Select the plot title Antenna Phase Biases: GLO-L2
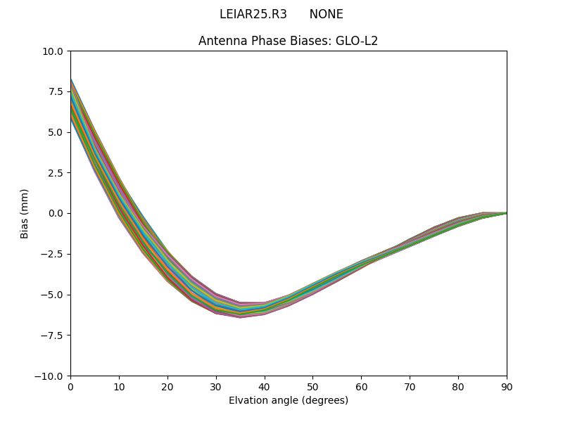[288, 41]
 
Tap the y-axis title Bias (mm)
[25, 213]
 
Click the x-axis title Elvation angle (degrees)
[288, 401]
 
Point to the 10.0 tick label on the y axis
[53, 51]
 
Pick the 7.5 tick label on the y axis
[56, 91]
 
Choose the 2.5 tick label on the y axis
[56, 173]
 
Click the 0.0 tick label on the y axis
[56, 213]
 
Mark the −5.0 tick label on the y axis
[53, 295]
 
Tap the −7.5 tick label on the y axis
[53, 335]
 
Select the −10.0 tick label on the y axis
[50, 376]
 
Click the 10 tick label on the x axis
[119, 387]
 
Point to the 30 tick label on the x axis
[216, 387]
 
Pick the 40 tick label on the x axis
[264, 387]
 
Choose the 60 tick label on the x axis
[361, 387]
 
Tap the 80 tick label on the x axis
[458, 387]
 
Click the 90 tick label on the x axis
[507, 387]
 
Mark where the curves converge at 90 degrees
[506, 213]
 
